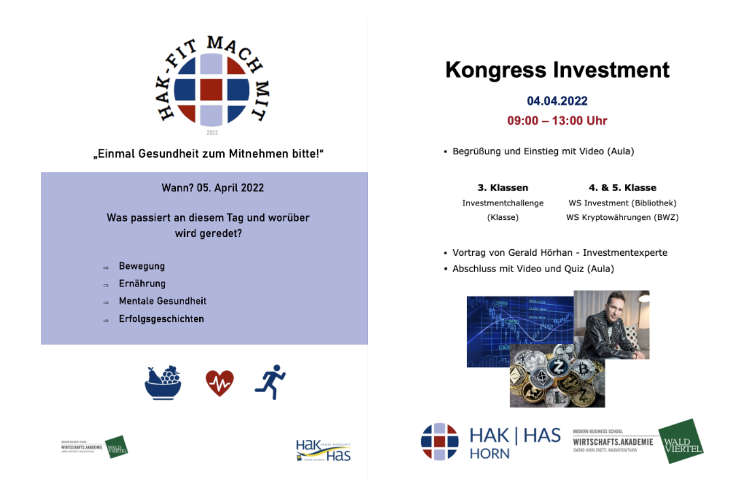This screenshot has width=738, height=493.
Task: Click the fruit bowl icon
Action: [x=163, y=383]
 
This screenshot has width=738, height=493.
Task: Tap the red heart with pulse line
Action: [x=219, y=383]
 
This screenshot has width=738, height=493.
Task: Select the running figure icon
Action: [x=270, y=382]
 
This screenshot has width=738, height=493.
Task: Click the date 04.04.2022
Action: [x=557, y=101]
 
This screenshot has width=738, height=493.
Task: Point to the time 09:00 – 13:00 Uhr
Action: [x=557, y=121]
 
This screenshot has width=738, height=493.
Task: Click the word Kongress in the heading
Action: [x=495, y=70]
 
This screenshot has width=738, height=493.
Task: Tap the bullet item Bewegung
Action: [x=142, y=266]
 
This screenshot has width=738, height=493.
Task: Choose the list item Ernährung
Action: [x=142, y=283]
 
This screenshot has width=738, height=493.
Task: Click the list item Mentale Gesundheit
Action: [x=162, y=301]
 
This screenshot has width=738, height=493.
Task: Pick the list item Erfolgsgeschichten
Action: [x=161, y=319]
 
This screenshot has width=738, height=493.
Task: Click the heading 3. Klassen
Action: [x=502, y=188]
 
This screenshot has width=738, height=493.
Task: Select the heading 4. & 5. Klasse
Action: [x=622, y=188]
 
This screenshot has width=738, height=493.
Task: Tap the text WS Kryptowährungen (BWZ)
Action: [x=622, y=217]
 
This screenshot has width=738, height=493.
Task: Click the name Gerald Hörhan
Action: [x=540, y=252]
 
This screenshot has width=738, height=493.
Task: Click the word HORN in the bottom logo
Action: [x=489, y=454]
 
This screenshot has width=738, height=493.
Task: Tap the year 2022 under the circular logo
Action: [x=212, y=132]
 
